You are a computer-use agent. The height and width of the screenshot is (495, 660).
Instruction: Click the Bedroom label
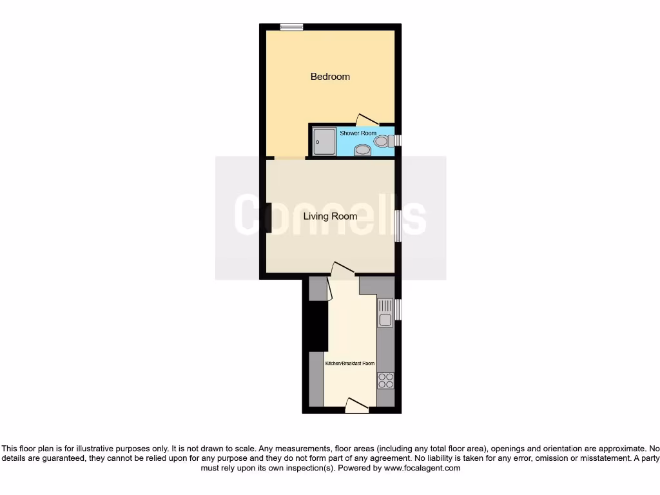click(330, 77)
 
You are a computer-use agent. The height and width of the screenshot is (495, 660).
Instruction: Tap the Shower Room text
click(358, 133)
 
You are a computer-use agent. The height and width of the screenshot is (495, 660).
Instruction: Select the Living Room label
click(330, 217)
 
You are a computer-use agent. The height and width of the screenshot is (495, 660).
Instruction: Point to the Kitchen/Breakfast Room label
click(350, 364)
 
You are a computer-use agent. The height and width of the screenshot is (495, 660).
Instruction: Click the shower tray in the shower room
click(324, 142)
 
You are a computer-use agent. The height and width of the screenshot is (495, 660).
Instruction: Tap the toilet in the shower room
click(384, 141)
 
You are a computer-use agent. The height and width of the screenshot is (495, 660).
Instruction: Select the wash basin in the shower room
click(363, 151)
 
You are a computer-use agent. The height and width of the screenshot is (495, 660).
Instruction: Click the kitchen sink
click(385, 313)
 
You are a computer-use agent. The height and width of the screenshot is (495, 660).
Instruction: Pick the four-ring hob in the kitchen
click(385, 381)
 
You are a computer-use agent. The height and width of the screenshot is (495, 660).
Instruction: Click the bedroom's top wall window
click(291, 26)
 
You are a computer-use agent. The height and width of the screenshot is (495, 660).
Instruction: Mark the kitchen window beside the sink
click(398, 309)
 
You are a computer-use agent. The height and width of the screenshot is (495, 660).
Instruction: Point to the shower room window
click(398, 141)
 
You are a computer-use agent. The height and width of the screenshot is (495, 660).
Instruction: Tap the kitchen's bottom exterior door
click(356, 405)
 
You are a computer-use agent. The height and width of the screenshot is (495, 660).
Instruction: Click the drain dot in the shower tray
click(318, 142)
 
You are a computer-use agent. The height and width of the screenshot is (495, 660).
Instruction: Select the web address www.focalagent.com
click(422, 468)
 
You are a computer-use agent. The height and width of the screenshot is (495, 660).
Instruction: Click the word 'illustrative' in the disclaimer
click(98, 449)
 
